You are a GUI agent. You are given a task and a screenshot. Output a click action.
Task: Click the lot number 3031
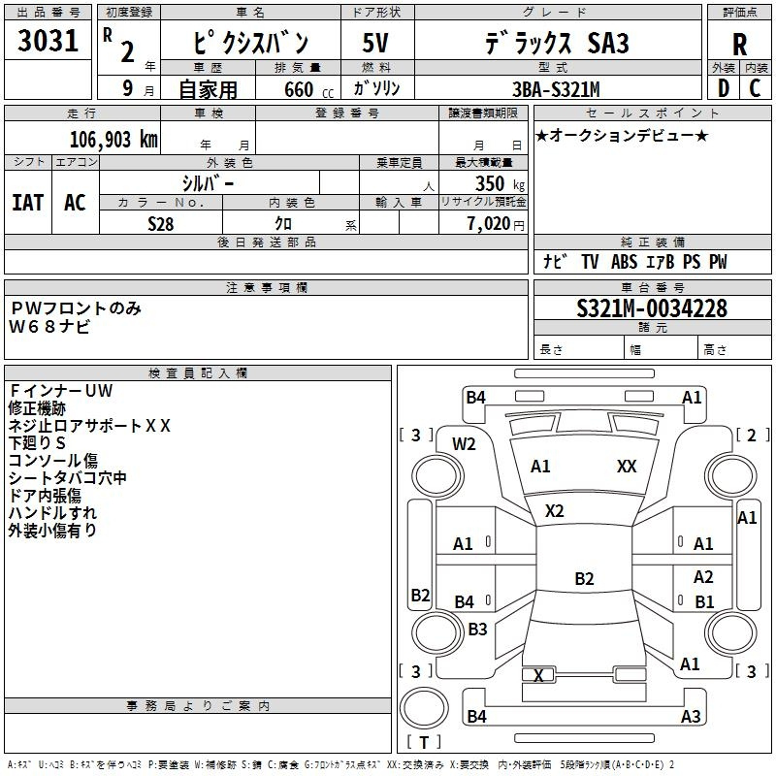pos(48,43)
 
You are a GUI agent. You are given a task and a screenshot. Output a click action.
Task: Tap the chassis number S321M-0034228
pos(651,309)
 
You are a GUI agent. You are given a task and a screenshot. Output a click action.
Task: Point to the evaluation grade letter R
pos(739,44)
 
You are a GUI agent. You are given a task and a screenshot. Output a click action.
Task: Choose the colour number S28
pos(161,223)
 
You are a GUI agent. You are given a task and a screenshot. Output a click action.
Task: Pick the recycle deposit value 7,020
pos(487,224)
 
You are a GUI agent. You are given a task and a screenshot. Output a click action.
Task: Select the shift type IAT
pos(27,202)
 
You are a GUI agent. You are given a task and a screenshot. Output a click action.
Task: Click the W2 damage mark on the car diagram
pos(465,444)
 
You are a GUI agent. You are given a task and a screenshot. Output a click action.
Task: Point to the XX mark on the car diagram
pos(627,467)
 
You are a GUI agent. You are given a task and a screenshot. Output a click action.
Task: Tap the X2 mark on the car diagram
pos(555,511)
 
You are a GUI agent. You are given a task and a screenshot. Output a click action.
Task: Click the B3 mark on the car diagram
pos(477,630)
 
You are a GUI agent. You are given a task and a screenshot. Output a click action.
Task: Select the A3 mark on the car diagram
pos(691,717)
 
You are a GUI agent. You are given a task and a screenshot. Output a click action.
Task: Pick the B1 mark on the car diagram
pos(704,601)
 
